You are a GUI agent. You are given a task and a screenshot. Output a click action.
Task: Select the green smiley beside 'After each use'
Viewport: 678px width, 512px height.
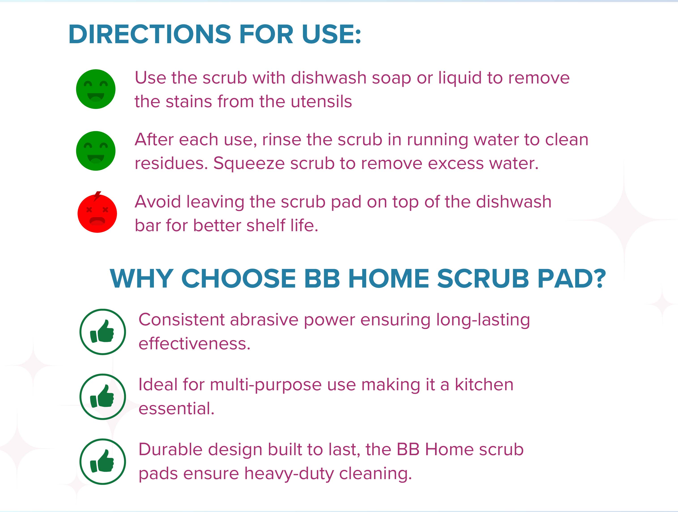pos(96,151)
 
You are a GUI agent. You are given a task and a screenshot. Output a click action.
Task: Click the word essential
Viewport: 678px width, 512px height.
pos(176,408)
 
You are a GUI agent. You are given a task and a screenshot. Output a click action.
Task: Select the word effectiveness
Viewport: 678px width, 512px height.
pos(195,344)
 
